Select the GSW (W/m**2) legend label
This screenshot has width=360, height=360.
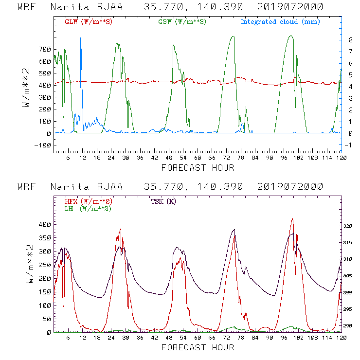pyautogui.click(x=182, y=22)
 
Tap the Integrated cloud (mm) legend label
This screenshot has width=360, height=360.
pyautogui.click(x=280, y=22)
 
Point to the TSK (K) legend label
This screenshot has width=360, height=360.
pyautogui.click(x=163, y=201)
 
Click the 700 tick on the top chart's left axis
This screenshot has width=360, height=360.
pyautogui.click(x=44, y=49)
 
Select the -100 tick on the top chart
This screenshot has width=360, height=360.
pyautogui.click(x=43, y=145)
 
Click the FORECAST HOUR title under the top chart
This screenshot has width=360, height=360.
pyautogui.click(x=197, y=168)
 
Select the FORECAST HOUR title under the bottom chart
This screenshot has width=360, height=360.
pyautogui.click(x=197, y=347)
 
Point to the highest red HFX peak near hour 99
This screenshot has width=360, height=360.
pyautogui.click(x=292, y=219)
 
